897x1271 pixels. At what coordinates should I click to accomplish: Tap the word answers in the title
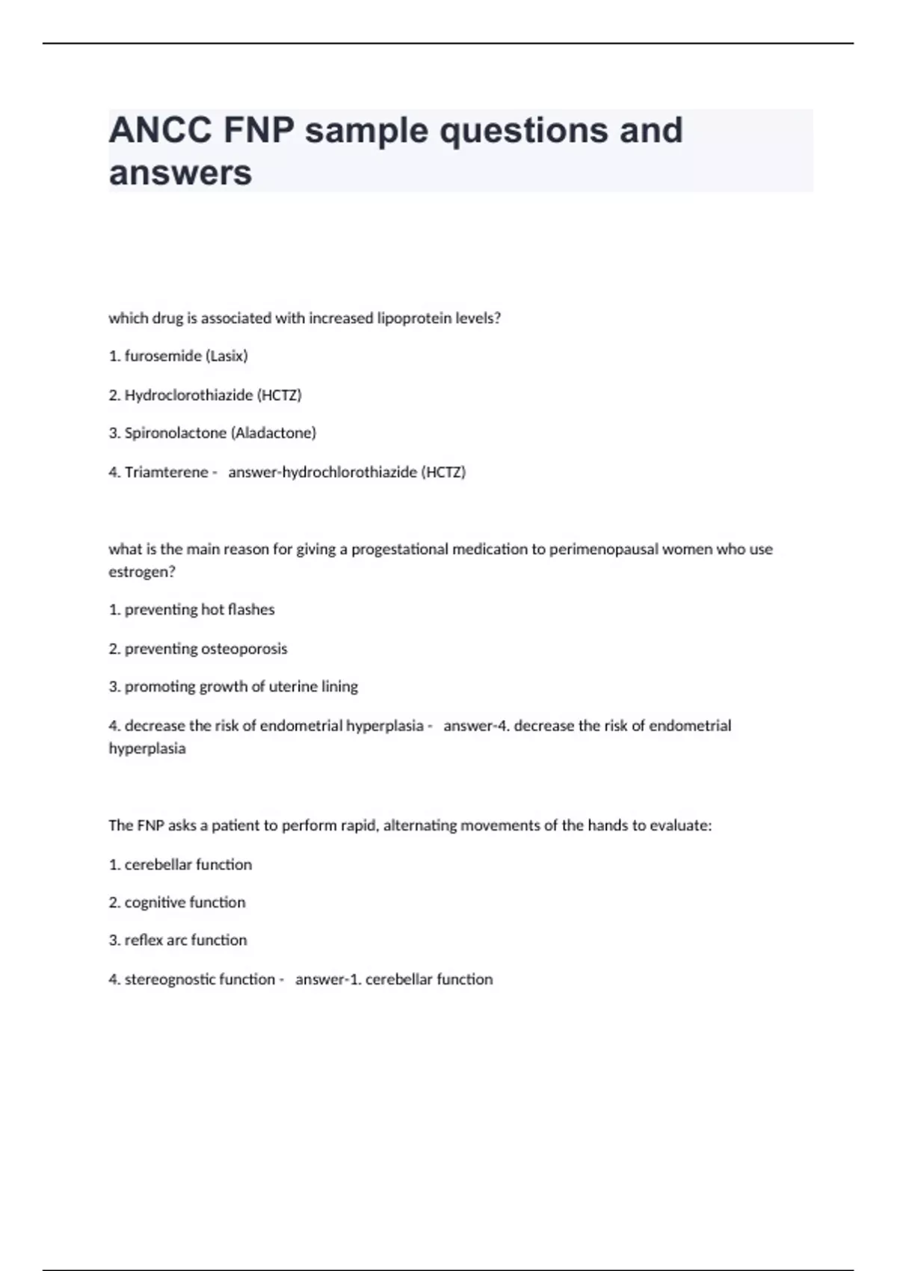pos(180,173)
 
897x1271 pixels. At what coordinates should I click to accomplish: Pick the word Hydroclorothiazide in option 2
pos(188,396)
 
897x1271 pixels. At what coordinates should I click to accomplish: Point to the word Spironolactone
pos(175,433)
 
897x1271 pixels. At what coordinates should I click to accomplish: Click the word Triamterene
pos(166,473)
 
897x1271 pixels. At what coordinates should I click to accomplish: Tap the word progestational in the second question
pos(400,550)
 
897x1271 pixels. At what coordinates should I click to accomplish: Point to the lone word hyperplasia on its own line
pos(147,748)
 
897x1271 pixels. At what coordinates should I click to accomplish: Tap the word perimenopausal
pos(612,550)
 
